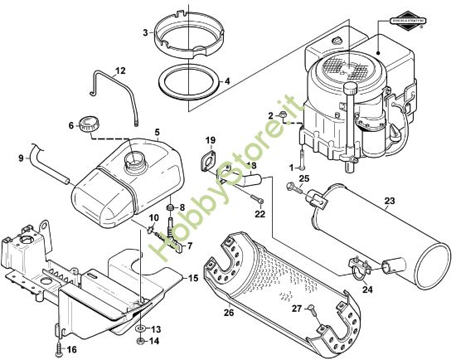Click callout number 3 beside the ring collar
click(x=144, y=32)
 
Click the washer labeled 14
click(x=142, y=341)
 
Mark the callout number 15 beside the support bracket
click(x=192, y=276)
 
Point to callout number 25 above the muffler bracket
click(x=303, y=179)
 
